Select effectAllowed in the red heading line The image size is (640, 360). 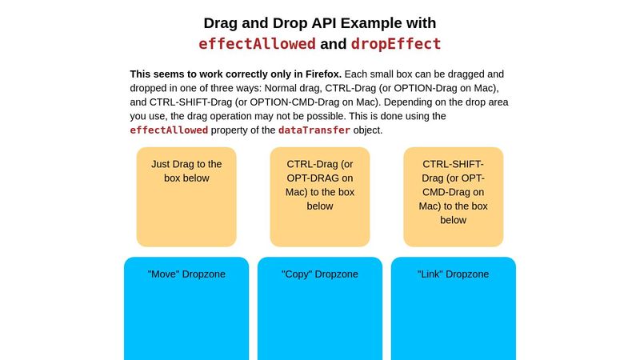tap(257, 44)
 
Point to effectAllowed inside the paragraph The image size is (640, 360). tap(169, 130)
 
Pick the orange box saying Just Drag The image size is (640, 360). tap(186, 197)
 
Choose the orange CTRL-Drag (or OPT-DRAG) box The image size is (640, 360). tap(319, 197)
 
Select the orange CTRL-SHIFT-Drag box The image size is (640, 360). tap(453, 197)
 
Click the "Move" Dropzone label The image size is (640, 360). tap(186, 274)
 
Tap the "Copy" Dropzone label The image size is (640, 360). tap(319, 274)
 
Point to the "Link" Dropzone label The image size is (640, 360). tap(453, 274)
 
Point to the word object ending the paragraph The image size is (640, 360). tap(368, 130)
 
